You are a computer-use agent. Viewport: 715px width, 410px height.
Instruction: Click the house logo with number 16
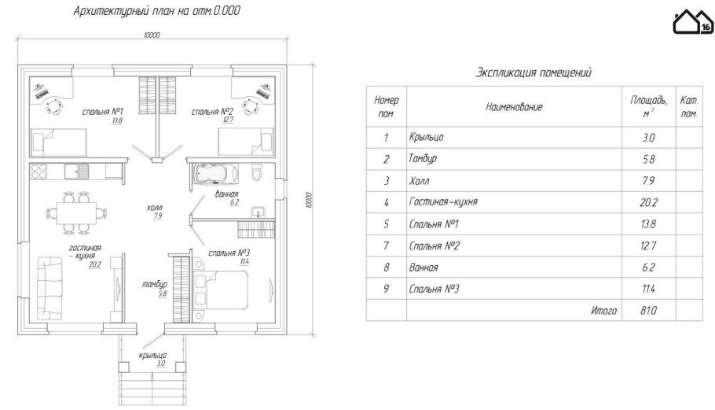[x=693, y=22]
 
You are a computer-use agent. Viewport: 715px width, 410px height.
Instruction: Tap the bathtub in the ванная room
[x=216, y=173]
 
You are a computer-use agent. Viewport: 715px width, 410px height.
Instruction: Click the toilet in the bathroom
[x=257, y=173]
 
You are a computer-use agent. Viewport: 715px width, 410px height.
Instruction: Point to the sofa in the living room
[x=49, y=289]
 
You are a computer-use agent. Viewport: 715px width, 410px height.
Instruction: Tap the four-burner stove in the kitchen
[x=38, y=172]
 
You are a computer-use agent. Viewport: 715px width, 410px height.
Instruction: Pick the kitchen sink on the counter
[x=77, y=172]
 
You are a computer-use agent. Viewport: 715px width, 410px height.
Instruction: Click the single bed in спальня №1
[x=58, y=142]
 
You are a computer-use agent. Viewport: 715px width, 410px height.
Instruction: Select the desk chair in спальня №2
[x=250, y=106]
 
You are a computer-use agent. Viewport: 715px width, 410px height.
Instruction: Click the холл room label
[x=155, y=209]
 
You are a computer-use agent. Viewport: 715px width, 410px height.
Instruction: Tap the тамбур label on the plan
[x=155, y=284]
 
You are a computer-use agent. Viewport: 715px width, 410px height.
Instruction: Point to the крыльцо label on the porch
[x=152, y=355]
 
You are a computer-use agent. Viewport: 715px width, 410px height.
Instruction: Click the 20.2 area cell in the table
[x=648, y=202]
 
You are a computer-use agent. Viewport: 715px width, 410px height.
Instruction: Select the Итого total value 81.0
[x=648, y=311]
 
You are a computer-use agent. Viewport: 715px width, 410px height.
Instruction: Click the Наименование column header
[x=514, y=107]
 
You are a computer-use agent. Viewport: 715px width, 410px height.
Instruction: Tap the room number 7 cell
[x=387, y=246]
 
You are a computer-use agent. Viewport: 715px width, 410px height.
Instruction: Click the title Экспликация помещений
[x=533, y=72]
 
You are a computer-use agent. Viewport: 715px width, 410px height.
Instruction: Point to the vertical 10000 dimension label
[x=309, y=200]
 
